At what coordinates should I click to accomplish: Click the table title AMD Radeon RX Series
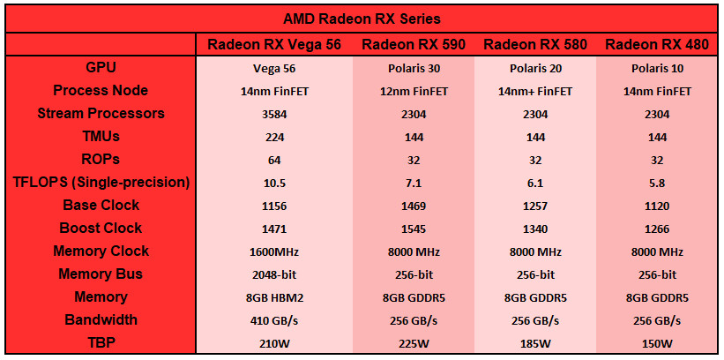click(x=362, y=19)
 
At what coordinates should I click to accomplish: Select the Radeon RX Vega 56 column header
click(x=274, y=44)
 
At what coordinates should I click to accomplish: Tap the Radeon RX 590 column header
click(x=414, y=44)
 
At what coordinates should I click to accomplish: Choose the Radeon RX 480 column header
click(x=657, y=44)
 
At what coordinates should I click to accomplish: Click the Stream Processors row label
click(x=101, y=114)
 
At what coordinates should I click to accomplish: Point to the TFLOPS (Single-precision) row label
click(x=101, y=183)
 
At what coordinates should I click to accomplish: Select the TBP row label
click(x=101, y=343)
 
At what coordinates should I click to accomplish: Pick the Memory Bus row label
click(x=101, y=274)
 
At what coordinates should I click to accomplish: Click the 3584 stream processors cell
click(x=274, y=115)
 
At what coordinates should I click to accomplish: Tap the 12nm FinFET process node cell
click(x=414, y=92)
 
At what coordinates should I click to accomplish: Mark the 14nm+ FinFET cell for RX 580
click(x=535, y=92)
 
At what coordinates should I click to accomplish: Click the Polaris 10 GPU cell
click(x=657, y=69)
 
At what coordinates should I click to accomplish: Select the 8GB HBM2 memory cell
click(x=274, y=298)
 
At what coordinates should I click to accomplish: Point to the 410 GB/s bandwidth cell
click(x=274, y=321)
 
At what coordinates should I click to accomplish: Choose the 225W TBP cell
click(x=414, y=344)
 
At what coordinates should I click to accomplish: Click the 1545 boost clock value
click(x=414, y=229)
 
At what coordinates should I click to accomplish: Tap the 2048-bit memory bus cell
click(x=274, y=275)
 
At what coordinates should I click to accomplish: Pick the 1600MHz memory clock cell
click(x=274, y=252)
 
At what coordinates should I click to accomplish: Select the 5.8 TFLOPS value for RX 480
click(x=657, y=184)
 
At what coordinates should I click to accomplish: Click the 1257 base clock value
click(x=535, y=206)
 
